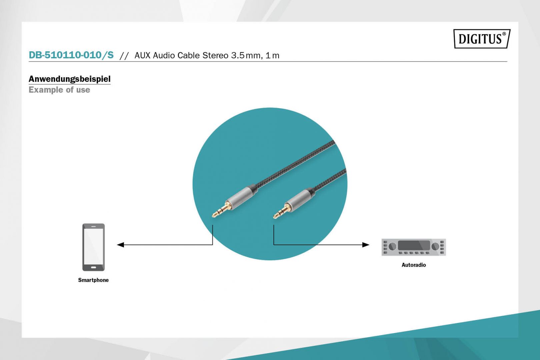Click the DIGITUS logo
pyautogui.click(x=482, y=39)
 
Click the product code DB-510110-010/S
pyautogui.click(x=71, y=55)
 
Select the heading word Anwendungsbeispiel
pyautogui.click(x=69, y=79)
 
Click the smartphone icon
pyautogui.click(x=93, y=247)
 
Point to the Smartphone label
pyautogui.click(x=93, y=280)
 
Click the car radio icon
pyautogui.click(x=413, y=247)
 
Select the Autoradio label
pyautogui.click(x=413, y=265)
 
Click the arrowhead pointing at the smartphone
pyautogui.click(x=120, y=245)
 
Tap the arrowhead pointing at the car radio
pyautogui.click(x=366, y=245)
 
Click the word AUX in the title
pyautogui.click(x=143, y=55)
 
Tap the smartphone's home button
pyautogui.click(x=93, y=267)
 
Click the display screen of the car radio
pyautogui.click(x=414, y=245)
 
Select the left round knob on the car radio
pyautogui.click(x=393, y=246)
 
